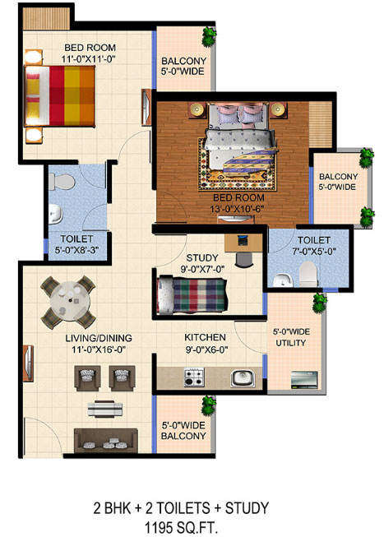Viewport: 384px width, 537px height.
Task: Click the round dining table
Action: [x=70, y=301]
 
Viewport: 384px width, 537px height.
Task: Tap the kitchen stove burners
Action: [x=194, y=377]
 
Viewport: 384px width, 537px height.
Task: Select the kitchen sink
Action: [x=243, y=378]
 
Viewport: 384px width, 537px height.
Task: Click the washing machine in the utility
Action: [x=304, y=379]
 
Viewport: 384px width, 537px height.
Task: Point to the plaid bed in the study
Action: [x=192, y=295]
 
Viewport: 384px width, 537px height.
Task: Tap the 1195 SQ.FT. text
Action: [x=181, y=527]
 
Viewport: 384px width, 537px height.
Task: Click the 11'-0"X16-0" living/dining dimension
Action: [x=99, y=350]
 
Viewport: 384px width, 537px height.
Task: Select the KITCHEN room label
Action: [x=205, y=337]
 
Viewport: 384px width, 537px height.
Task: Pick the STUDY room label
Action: [x=202, y=257]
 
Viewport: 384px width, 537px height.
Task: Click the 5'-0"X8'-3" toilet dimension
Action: [x=76, y=250]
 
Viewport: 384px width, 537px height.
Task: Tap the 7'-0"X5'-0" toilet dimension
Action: [x=314, y=251]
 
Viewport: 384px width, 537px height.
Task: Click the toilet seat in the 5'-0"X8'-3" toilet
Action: [x=62, y=182]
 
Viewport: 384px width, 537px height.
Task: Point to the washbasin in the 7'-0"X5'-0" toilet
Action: [x=283, y=280]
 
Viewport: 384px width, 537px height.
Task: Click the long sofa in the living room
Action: [x=106, y=440]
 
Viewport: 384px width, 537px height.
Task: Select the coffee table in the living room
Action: [x=104, y=408]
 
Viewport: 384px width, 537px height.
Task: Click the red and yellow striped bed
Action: [x=60, y=95]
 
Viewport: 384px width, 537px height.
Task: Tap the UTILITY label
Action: [x=291, y=343]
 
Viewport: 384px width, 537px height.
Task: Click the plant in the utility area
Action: [x=320, y=302]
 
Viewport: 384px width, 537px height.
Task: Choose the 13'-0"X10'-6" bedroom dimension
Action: [x=237, y=209]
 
